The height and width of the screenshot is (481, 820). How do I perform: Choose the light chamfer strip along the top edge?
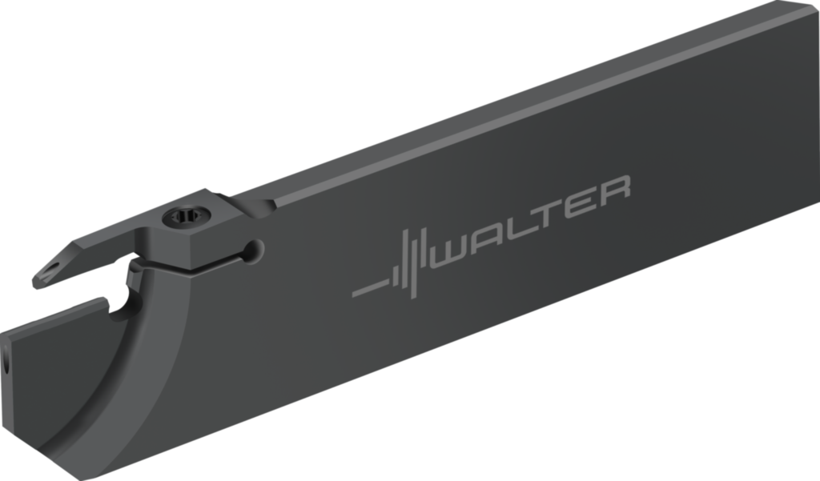(x=521, y=104)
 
